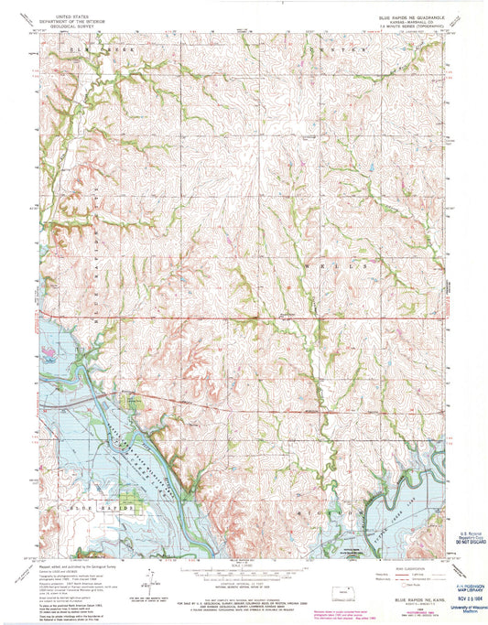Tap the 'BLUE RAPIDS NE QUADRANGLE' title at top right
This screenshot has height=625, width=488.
408,16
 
